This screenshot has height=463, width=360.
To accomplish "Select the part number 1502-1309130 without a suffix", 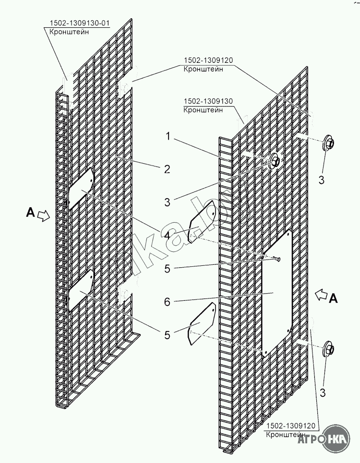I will point(207,102).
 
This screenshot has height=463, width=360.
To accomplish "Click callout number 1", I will point(168,136).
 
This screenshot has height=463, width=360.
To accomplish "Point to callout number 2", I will point(167,169).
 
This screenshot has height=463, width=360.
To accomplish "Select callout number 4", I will point(167,236).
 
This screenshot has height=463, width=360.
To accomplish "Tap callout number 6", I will point(167,302).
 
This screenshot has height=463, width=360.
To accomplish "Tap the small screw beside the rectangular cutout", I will point(277,260).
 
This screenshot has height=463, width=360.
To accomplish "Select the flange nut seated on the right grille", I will point(275,161).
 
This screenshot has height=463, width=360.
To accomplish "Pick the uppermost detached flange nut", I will point(329,142).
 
